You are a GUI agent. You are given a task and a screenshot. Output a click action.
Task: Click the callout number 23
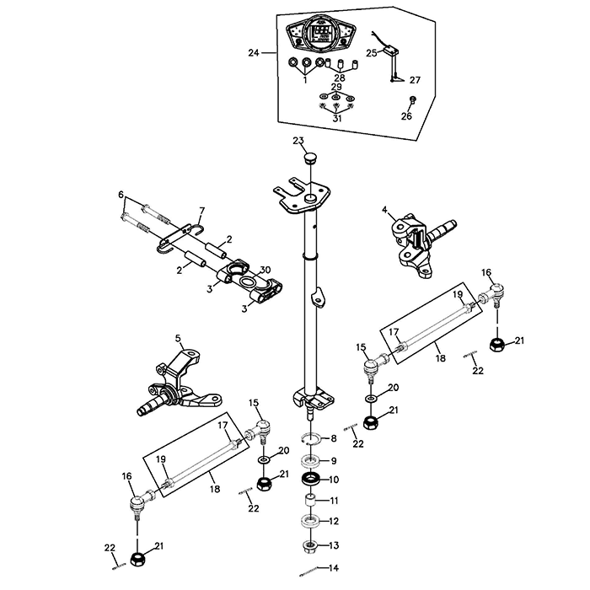tap(298, 140)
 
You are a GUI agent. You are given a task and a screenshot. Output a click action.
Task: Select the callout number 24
tap(254, 53)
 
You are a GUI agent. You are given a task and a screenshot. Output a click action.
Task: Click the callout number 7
tap(201, 210)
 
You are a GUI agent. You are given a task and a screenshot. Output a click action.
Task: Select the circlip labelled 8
tap(309, 439)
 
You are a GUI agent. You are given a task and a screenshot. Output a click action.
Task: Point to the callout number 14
tap(333, 567)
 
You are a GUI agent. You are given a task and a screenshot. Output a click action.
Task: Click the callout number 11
tap(333, 501)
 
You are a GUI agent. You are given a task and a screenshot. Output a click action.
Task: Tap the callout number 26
tap(406, 116)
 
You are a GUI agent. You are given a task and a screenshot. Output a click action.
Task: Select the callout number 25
tap(372, 52)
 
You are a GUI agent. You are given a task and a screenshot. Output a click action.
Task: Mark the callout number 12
tap(333, 522)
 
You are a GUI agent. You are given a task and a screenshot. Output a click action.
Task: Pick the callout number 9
tap(333, 460)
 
